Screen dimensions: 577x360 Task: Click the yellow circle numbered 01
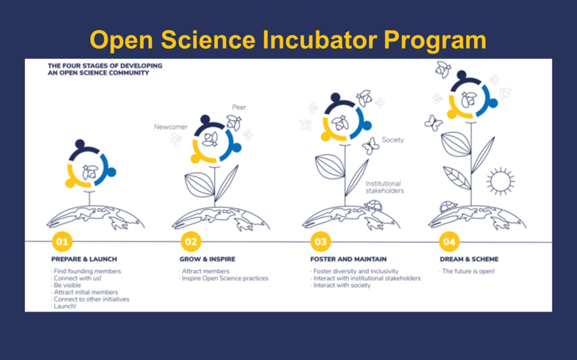point(62,242)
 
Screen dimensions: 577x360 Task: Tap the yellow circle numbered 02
point(191,242)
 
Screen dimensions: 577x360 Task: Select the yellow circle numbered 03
point(321,242)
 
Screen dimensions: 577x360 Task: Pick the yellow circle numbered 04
point(449,242)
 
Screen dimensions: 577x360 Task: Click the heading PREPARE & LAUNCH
point(84,259)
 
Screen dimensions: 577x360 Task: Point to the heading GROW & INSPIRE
point(207,259)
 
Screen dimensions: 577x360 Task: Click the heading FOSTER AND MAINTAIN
point(348,259)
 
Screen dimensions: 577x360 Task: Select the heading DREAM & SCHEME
point(469,259)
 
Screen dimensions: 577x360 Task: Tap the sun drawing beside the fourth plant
point(500,181)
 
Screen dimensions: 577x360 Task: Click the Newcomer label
point(170,127)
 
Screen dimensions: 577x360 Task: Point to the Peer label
point(239,107)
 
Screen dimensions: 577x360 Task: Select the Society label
point(393,140)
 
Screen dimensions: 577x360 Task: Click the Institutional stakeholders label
point(384,187)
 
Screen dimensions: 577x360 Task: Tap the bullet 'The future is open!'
point(467,272)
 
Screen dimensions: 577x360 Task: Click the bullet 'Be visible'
point(66,285)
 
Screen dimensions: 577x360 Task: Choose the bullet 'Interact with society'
point(341,285)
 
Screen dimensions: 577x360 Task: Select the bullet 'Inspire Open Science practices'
point(224,278)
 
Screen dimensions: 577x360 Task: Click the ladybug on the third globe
point(373,206)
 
